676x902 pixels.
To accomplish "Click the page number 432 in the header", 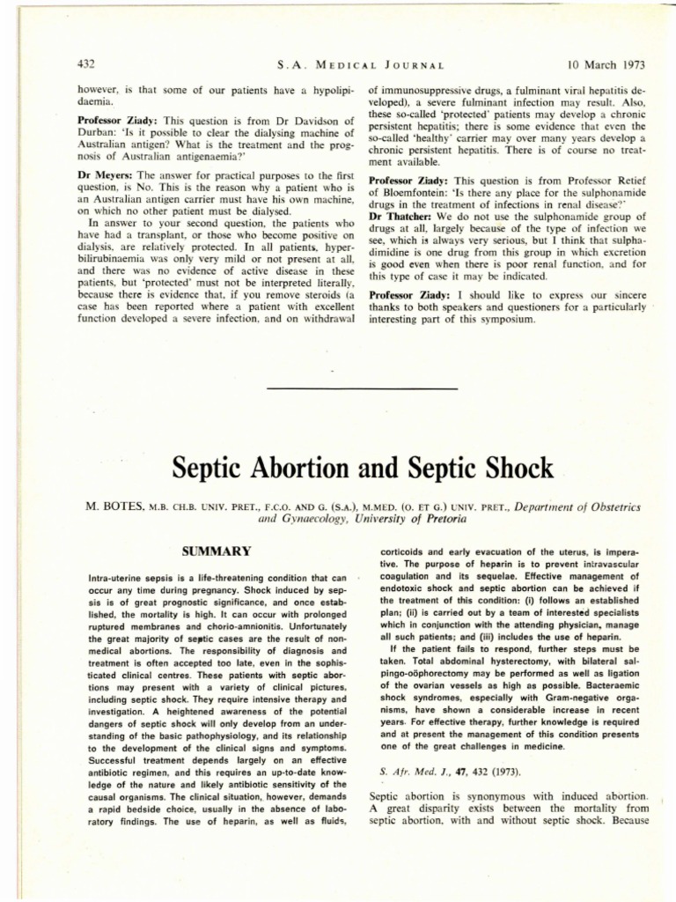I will [86, 64].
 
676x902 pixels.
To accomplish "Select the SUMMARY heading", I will [216, 551].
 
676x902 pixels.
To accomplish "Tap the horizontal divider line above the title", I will [361, 388].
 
